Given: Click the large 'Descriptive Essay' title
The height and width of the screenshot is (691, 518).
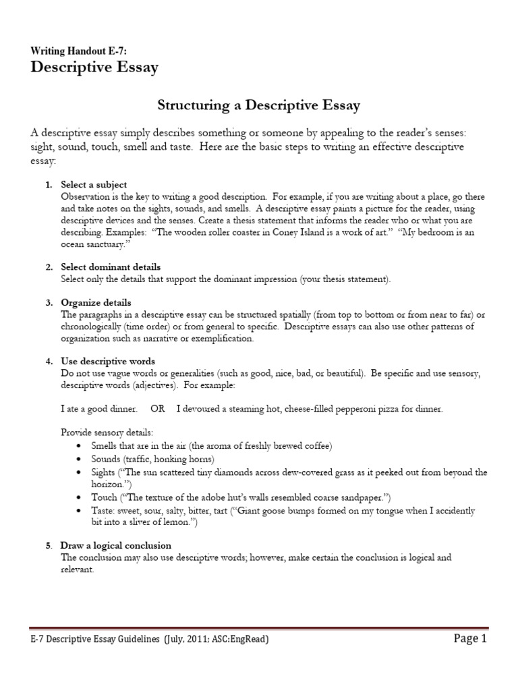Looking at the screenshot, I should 94,67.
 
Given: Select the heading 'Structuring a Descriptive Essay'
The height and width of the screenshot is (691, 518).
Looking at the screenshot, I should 258,105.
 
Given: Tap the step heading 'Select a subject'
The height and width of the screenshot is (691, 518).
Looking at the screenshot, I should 94,184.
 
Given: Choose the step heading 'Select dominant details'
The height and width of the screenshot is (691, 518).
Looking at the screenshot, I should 111,267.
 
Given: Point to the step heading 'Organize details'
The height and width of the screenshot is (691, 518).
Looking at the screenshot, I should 96,302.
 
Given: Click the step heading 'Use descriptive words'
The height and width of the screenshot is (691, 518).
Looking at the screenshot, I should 108,361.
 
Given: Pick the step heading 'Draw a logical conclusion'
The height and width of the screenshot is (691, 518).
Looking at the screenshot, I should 116,545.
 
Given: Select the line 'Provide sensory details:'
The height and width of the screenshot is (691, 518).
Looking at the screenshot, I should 107,432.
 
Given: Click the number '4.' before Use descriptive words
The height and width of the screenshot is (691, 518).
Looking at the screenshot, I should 49,361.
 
